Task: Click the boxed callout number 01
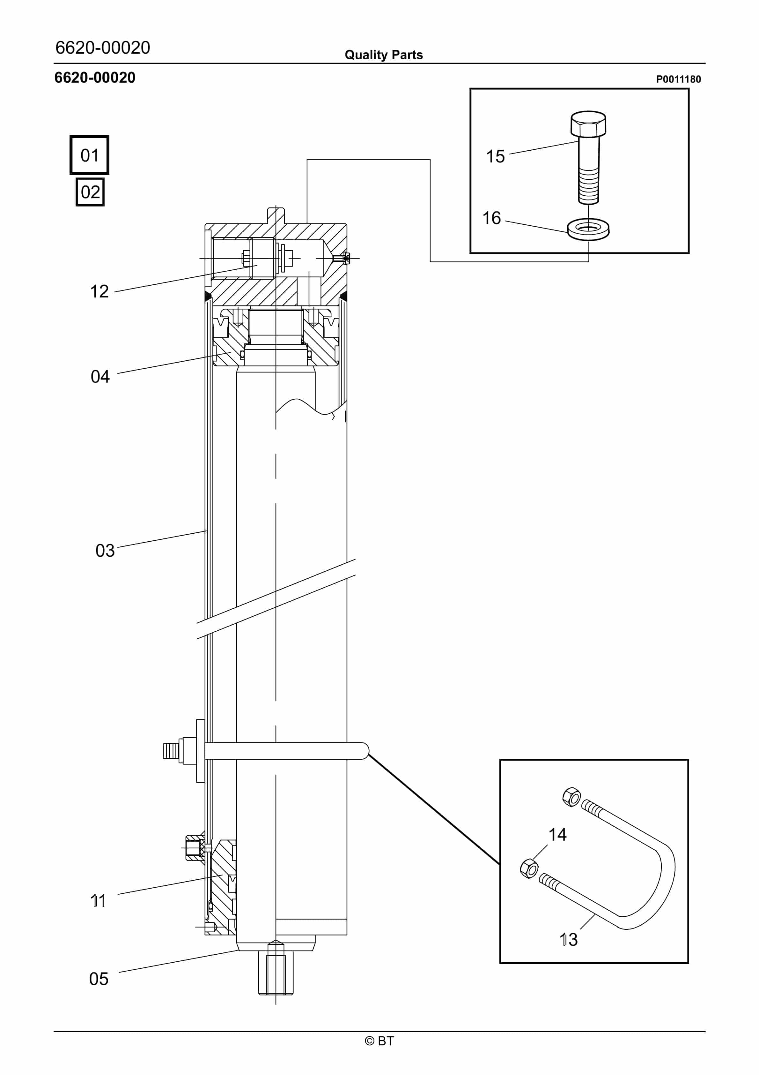tap(89, 155)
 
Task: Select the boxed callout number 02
tap(90, 192)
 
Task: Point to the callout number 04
tap(100, 376)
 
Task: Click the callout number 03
tap(105, 551)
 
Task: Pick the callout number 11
tap(98, 901)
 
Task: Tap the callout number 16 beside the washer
tap(492, 218)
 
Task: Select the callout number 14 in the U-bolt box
tap(557, 834)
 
